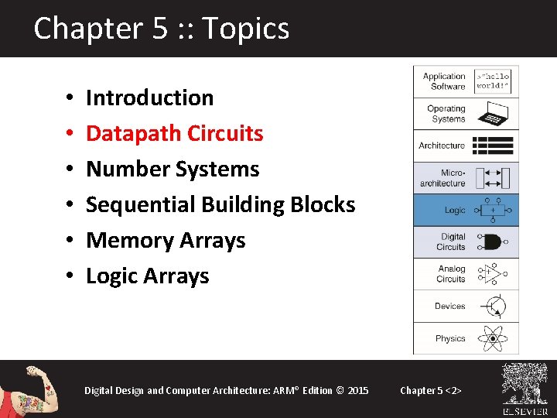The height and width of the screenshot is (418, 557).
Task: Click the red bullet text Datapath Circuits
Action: [x=174, y=133]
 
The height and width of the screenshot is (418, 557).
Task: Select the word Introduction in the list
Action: [x=149, y=98]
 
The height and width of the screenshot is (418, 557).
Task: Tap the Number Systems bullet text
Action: [x=172, y=169]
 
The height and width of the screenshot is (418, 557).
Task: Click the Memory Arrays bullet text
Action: [x=166, y=240]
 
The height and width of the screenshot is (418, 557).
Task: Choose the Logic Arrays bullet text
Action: [x=147, y=276]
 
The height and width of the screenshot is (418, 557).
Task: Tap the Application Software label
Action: [x=444, y=81]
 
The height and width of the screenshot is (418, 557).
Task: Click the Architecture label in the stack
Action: [x=442, y=146]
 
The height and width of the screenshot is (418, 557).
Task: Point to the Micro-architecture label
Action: [x=443, y=178]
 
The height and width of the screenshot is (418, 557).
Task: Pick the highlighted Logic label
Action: [x=455, y=211]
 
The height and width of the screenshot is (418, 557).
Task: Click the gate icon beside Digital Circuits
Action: [x=491, y=242]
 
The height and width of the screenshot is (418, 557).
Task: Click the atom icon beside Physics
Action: [x=491, y=338]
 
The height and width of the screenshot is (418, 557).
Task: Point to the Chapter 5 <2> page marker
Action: [x=431, y=390]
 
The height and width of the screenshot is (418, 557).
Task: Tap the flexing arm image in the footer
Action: [x=31, y=389]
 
